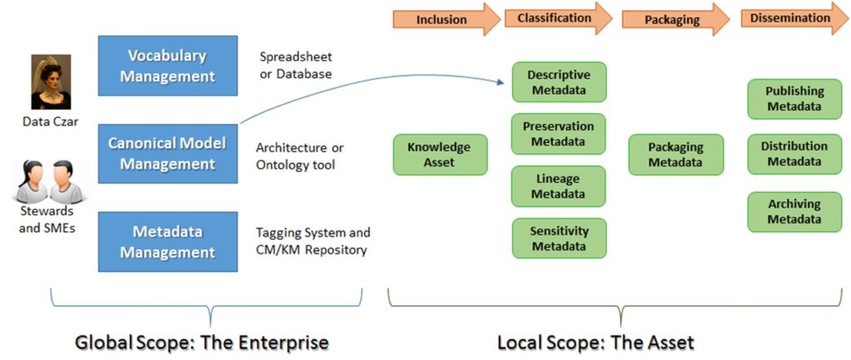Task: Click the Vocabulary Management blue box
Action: pos(168,65)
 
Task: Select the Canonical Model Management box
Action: pos(168,154)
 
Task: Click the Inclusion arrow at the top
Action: pos(441,18)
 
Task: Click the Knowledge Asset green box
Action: pos(440,155)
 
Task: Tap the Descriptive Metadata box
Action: pos(558,82)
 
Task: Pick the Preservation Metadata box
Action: pos(558,134)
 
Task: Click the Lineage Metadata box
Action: pos(558,186)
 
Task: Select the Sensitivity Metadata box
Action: pos(558,238)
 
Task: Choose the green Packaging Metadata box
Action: pos(676,155)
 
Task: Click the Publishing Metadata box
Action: pos(794,99)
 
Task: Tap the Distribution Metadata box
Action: pos(794,154)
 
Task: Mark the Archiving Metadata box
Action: pos(794,211)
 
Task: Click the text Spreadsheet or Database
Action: pos(296,66)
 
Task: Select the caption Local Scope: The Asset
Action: pos(595,342)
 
